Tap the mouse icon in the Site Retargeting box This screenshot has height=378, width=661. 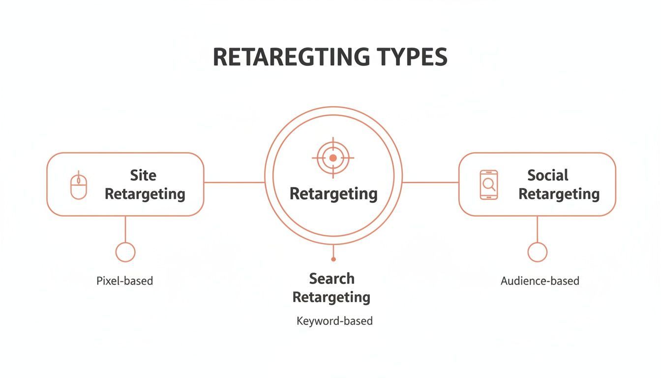pos(79,186)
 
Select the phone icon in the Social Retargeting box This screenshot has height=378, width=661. pos(488,185)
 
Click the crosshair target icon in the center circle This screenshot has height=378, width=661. pos(333,158)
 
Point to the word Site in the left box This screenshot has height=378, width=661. pos(143,175)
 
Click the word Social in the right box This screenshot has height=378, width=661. pos(547,175)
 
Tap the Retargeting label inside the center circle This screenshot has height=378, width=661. pos(333,193)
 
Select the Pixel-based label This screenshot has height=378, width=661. pos(124,281)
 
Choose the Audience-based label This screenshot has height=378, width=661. pos(540,281)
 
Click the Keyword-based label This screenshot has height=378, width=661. pos(334,321)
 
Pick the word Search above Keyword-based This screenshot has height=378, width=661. pos(331,279)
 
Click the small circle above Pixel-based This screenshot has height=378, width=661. pos(125,252)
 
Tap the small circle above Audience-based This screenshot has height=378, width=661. pos(537,252)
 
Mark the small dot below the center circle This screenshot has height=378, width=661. pos(333,259)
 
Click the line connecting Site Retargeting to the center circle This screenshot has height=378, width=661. pos(234,183)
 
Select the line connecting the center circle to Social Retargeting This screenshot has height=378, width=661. pos(430,183)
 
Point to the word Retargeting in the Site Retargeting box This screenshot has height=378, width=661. pos(145,193)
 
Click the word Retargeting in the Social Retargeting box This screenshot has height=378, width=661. pos(559,193)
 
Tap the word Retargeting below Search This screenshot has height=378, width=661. pos(331,297)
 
